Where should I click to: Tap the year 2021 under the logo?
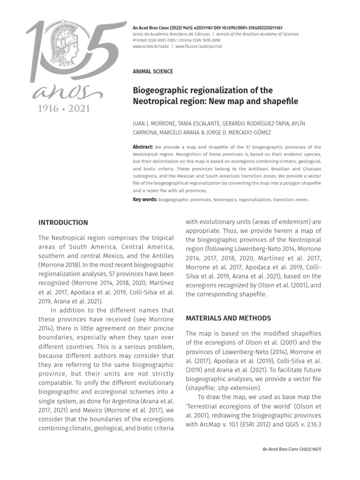(76, 108)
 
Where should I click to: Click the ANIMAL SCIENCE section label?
(153, 72)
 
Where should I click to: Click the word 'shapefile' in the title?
(276, 101)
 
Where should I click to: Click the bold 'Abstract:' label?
(143, 147)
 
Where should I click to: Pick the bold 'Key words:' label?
(145, 199)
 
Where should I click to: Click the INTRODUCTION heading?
(63, 223)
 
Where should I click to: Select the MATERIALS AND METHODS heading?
(228, 318)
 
